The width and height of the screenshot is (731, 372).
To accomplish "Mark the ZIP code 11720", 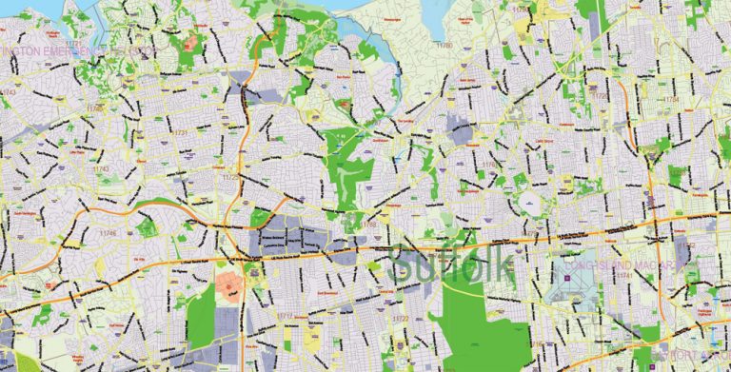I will click(487, 165).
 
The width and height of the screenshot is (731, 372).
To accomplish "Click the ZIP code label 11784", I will click(672, 99).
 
